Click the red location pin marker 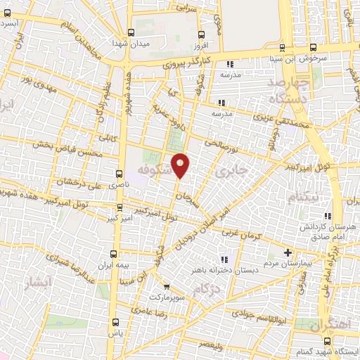click(181, 165)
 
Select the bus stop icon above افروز click(202, 34)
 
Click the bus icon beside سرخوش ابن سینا click(283, 47)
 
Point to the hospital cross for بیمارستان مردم click(287, 252)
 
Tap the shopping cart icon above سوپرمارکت click(167, 285)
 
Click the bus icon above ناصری click(117, 172)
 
